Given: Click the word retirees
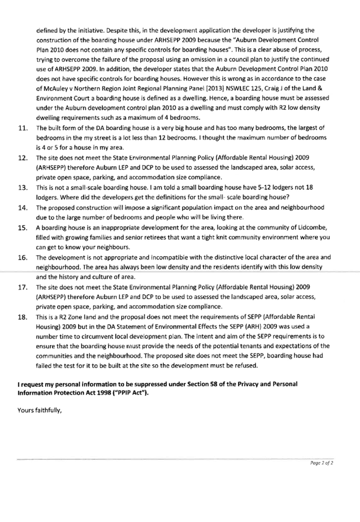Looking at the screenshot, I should click(136, 238).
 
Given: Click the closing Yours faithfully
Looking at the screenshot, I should click(39, 410).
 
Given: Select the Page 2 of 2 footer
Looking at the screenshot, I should click(322, 463).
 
